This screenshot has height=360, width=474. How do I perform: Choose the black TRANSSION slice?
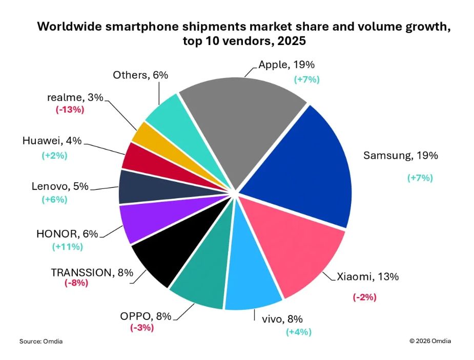tap(164, 256)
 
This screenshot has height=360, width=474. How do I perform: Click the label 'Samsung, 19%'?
tap(400, 156)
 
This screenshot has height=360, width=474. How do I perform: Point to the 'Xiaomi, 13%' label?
tap(367, 277)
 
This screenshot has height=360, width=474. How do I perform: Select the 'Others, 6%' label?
tap(140, 75)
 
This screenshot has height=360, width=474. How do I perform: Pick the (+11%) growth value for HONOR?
tap(67, 247)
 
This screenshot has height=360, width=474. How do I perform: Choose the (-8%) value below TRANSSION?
tap(76, 283)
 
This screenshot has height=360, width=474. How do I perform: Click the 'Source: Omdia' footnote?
tap(40, 341)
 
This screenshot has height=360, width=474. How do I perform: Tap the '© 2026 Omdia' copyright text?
tap(430, 341)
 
